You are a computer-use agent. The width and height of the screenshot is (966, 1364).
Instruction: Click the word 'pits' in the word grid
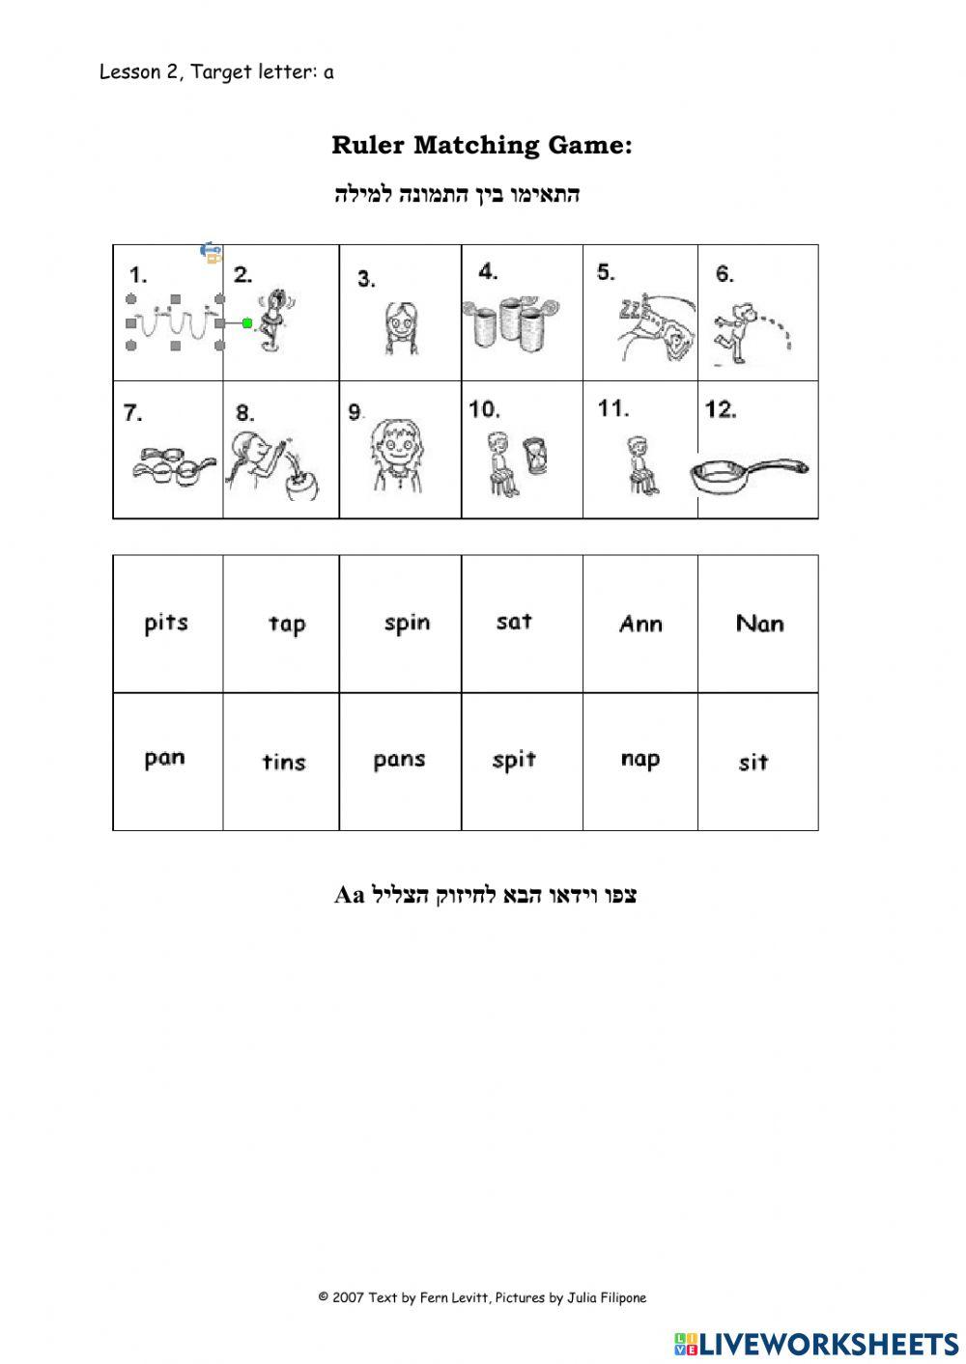coord(166,623)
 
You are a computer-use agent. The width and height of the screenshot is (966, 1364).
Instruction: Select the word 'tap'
coord(287,625)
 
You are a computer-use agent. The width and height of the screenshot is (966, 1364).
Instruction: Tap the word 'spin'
coord(407,624)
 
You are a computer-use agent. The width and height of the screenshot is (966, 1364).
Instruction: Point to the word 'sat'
coord(514,622)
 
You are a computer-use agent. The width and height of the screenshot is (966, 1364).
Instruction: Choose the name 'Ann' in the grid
coord(640,624)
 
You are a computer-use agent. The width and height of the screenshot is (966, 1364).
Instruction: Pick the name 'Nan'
coord(759,624)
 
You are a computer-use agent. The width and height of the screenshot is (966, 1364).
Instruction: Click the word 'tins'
coord(284,762)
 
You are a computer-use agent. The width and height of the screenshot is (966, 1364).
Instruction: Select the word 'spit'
coord(514,761)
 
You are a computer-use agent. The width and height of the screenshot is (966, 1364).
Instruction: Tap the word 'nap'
coord(640,760)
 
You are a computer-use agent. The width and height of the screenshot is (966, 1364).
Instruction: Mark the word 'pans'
coord(399,761)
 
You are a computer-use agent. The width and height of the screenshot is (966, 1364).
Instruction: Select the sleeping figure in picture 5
coord(657,328)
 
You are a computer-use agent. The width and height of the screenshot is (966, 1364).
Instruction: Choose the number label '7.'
coord(133,413)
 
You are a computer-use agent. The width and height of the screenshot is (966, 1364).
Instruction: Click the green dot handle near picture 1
coord(247,322)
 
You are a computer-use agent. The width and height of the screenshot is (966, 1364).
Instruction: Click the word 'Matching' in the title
coord(478,146)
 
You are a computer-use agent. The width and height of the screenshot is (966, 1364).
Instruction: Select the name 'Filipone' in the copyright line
coord(616,1297)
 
